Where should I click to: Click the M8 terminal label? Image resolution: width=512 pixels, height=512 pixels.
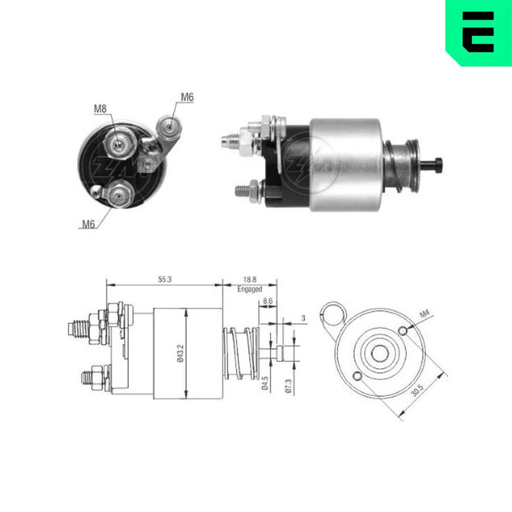(100, 109)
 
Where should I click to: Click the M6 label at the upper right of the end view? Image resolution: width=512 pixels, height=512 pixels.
(187, 97)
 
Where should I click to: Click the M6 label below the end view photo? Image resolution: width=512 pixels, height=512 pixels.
(88, 224)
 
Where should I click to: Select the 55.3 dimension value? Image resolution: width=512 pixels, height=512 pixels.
(165, 280)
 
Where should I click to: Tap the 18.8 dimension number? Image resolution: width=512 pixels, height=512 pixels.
(250, 280)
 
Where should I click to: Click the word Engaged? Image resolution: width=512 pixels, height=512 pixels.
(250, 289)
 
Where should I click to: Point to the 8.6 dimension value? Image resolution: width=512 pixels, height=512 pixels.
(268, 301)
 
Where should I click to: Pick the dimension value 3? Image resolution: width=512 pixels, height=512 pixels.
(303, 318)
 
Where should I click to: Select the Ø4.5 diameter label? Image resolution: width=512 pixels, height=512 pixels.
(265, 383)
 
